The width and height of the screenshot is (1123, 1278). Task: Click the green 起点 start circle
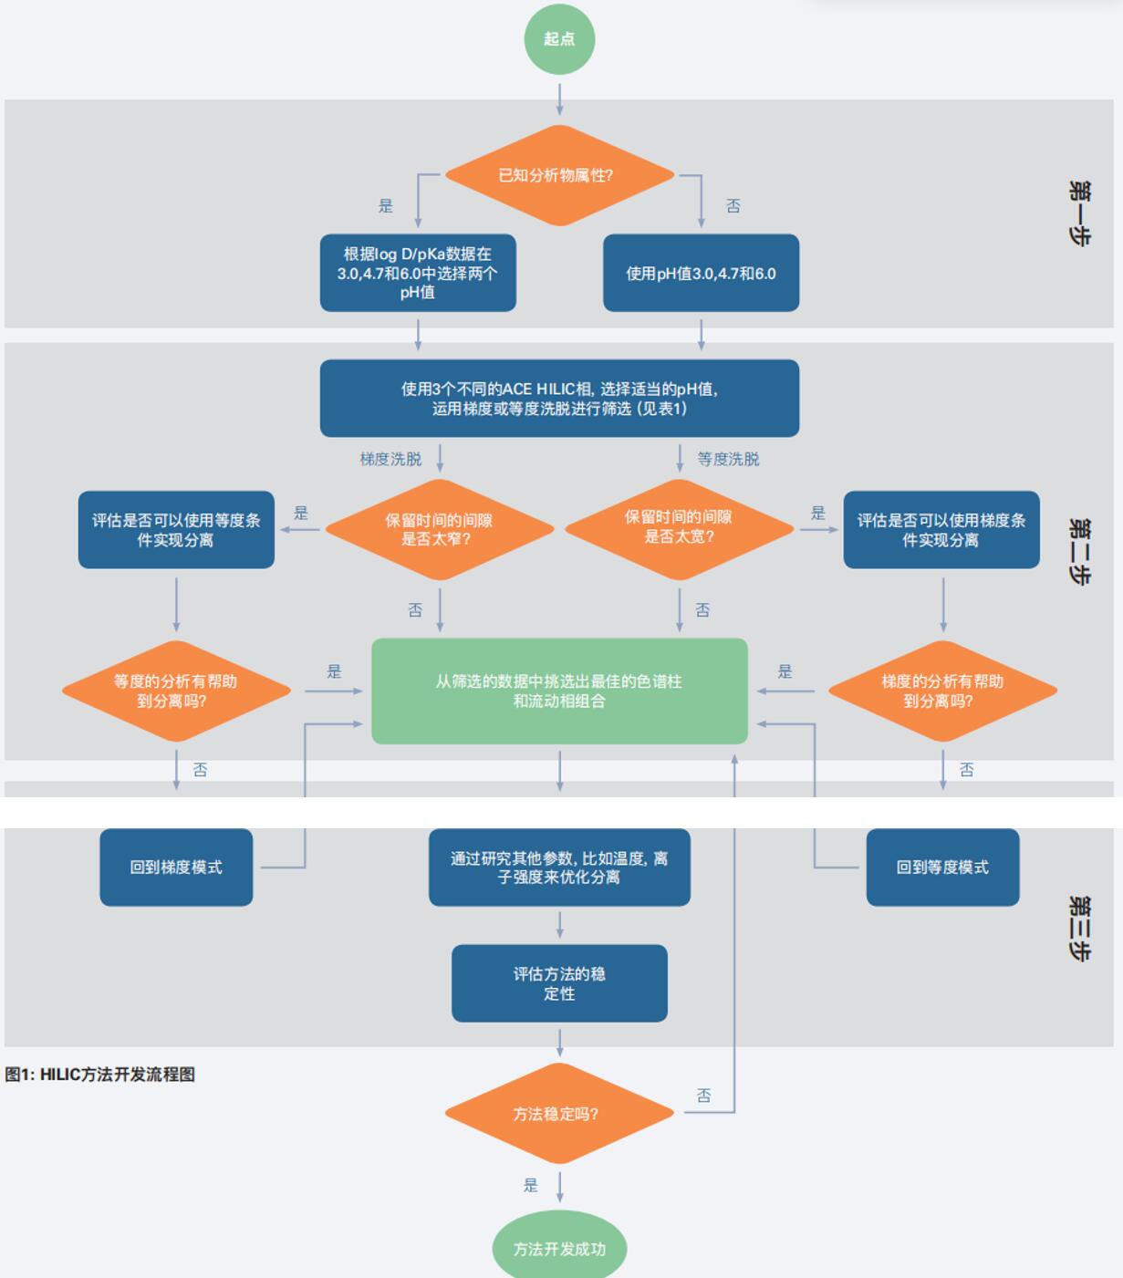point(559,39)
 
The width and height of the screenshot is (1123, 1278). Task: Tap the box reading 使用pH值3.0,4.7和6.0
point(701,273)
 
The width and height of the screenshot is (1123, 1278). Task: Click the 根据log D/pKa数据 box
point(418,273)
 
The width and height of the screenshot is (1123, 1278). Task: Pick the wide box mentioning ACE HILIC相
point(559,398)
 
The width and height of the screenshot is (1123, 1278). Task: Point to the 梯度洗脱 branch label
point(390,459)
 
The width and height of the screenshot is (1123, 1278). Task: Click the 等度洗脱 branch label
point(728,459)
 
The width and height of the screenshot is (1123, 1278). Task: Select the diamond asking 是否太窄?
point(439,529)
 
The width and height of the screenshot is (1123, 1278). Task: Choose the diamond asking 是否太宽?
point(679,527)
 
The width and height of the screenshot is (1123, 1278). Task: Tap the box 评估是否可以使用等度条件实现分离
point(176,529)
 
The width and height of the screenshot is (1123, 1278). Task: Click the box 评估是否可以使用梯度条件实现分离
point(941,529)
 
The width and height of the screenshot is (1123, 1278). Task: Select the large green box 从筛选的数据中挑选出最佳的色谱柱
point(559,691)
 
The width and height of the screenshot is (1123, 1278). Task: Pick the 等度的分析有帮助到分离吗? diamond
point(175,691)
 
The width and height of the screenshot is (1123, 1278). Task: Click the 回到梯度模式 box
point(176,867)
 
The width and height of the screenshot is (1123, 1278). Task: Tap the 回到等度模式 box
point(942,867)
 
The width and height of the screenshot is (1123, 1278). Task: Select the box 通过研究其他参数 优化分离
point(559,867)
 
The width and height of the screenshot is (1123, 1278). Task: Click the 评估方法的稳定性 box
point(559,982)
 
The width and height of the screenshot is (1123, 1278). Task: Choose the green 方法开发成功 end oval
point(559,1248)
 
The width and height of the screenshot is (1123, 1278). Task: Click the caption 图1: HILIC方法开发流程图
point(100,1075)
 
